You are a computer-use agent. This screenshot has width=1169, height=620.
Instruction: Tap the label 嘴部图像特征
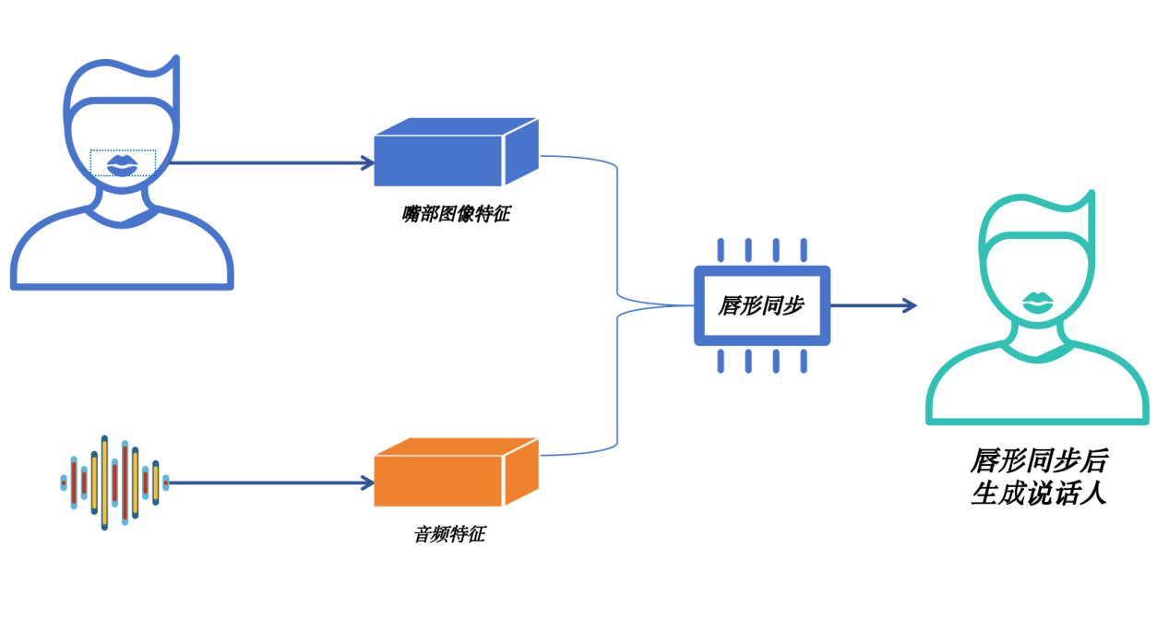coord(456,215)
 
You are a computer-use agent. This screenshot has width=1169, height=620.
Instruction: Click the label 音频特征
coord(448,533)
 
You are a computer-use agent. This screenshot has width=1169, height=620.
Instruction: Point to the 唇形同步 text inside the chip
coord(760,305)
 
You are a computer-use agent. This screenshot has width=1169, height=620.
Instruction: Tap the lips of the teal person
coord(1038,302)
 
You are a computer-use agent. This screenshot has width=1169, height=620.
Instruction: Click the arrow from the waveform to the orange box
coord(268,483)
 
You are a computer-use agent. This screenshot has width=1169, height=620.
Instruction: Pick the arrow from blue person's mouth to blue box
coord(268,163)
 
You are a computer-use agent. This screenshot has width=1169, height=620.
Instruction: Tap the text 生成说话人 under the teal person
coord(1038,494)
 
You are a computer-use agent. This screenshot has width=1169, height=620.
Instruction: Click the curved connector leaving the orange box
coord(615,387)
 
